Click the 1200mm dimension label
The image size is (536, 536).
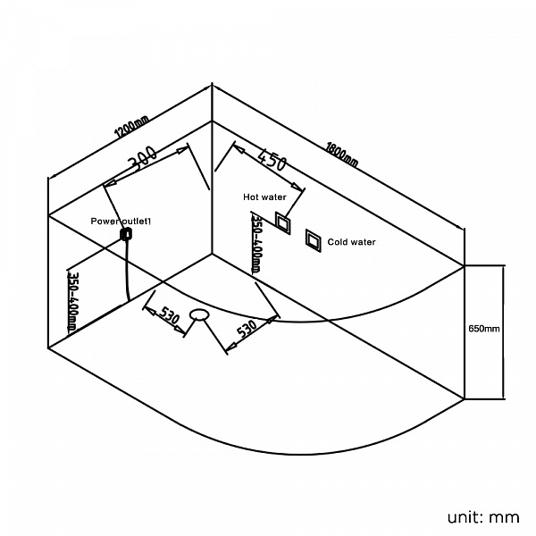point(132,127)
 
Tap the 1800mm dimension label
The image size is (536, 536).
point(342,155)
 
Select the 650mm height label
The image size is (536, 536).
point(483,329)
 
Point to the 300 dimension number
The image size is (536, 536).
point(143,158)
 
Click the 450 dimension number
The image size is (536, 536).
point(272,159)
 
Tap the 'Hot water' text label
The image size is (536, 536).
point(264,197)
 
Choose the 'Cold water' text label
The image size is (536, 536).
point(351,242)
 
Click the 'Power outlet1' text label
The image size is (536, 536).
point(121,222)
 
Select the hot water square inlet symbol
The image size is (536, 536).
point(283,222)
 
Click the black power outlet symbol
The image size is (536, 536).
point(126,234)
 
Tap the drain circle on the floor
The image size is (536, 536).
point(199,314)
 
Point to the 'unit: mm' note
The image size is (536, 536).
point(483,517)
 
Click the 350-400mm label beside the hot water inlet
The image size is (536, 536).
point(256,245)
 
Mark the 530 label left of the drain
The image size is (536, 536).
point(169,315)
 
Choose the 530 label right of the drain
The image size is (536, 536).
point(247,329)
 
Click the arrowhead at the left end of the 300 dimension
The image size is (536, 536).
point(108,184)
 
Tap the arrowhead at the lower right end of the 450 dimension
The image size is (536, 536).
point(297,187)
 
